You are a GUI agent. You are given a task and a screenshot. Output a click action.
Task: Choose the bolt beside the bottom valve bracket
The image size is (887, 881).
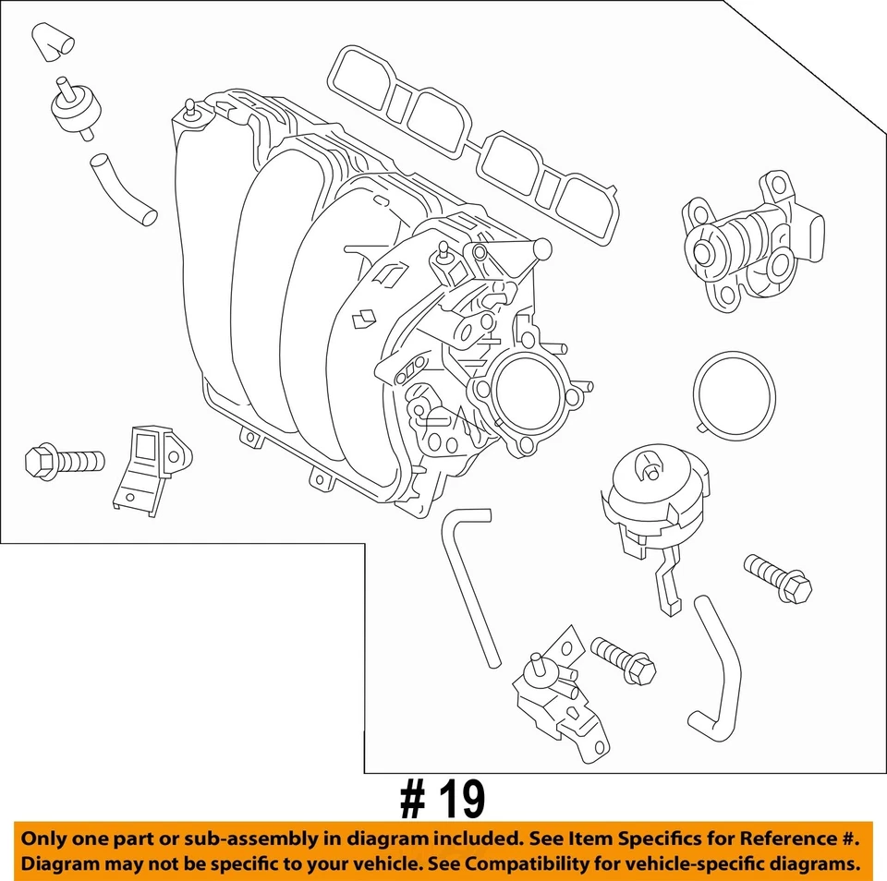[623, 659]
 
